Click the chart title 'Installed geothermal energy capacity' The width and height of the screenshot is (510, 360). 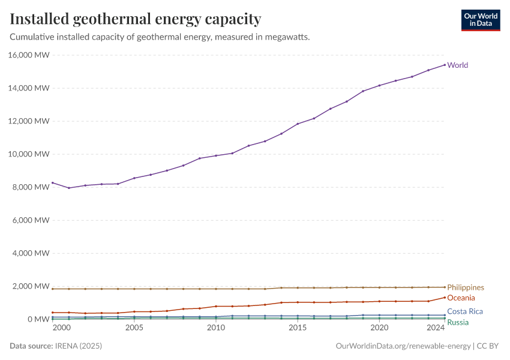coord(136,19)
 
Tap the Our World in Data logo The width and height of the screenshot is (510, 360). coord(480,20)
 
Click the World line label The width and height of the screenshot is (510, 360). coord(458,65)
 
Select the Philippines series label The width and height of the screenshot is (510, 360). coord(466,288)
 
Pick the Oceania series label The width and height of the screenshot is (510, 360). coord(461,298)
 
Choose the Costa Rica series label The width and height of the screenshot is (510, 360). coord(465,312)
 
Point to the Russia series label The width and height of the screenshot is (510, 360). coord(458,323)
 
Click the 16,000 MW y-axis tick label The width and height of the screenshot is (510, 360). coord(29,55)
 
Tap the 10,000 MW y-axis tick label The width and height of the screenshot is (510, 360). coord(29,154)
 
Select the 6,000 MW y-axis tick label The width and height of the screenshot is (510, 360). coord(31,220)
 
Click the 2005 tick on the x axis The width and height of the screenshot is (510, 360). coord(134,328)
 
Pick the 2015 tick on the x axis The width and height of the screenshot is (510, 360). coord(297,328)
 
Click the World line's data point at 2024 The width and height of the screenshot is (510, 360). coord(444,65)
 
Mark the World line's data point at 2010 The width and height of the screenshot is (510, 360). coord(216,156)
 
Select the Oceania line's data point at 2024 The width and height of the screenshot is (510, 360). coord(444,298)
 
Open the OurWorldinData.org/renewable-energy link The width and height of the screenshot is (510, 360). coord(403,346)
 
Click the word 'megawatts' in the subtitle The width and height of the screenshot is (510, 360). coord(289,37)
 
